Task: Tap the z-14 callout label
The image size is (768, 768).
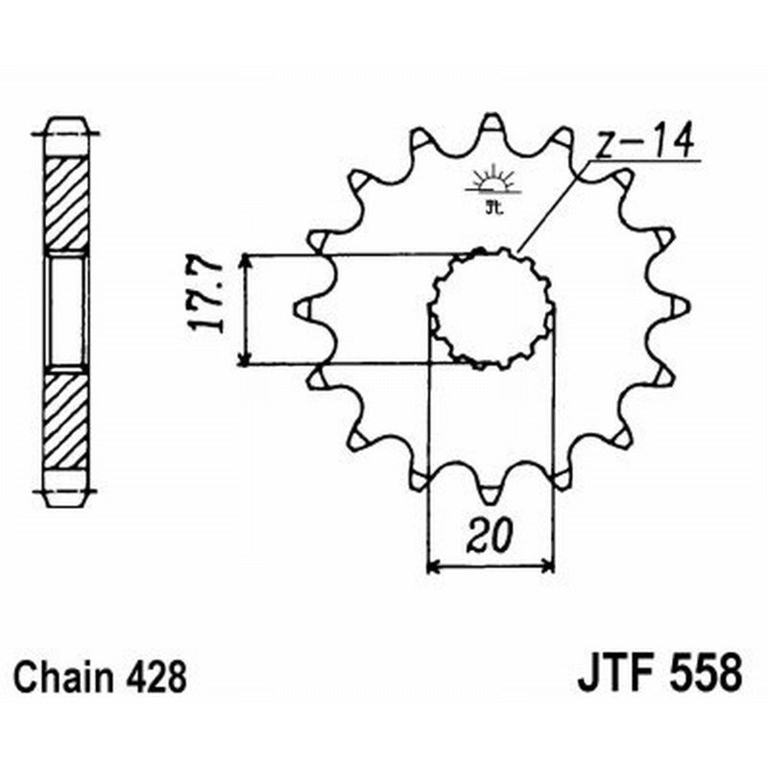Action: click(x=646, y=146)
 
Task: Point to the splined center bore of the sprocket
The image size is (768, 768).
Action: click(x=492, y=308)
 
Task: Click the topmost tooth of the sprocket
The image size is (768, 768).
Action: click(x=492, y=125)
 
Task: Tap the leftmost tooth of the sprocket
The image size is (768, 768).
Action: click(x=301, y=308)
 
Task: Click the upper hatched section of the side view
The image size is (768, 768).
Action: click(x=66, y=203)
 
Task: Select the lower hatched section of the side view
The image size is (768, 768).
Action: click(x=66, y=417)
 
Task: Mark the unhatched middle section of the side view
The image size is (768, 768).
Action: click(x=66, y=309)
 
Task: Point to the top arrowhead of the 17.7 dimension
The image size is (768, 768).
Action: click(x=247, y=261)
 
